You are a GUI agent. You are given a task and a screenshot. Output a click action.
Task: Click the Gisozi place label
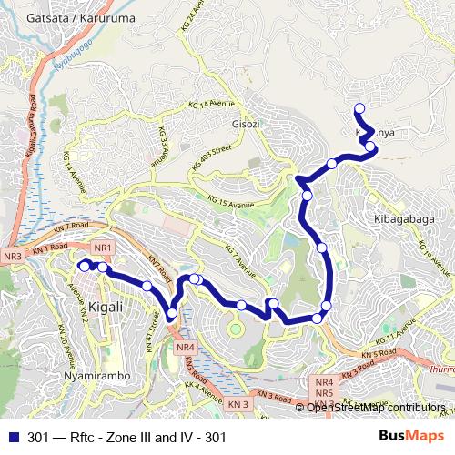247,124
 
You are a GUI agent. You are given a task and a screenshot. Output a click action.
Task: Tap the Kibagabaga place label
401,219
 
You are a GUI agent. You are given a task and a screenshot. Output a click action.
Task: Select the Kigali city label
107,307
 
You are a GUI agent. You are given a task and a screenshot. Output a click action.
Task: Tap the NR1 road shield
102,248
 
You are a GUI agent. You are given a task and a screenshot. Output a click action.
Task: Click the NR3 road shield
12,258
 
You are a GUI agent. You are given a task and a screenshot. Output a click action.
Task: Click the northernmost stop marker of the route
359,108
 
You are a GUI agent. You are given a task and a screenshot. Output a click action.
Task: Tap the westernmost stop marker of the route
83,266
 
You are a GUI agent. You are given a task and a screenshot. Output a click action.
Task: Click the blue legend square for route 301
13,438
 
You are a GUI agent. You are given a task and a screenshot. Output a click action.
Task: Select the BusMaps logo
417,437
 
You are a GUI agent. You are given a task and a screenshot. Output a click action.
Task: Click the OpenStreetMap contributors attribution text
376,408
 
